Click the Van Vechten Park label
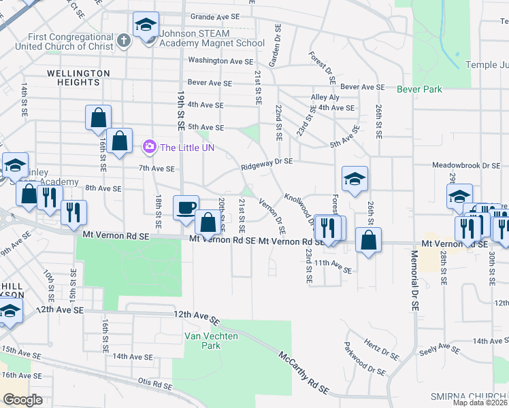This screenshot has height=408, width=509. [x=203, y=340]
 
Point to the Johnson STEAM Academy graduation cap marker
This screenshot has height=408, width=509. [x=146, y=25]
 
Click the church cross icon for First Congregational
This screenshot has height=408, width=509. [x=122, y=40]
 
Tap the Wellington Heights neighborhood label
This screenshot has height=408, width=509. [x=78, y=78]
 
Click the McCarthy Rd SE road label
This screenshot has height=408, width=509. [x=304, y=373]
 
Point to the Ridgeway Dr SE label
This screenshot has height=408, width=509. [x=266, y=162]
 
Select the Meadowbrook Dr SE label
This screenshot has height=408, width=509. [x=466, y=165]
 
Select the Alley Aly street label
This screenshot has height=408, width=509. [x=325, y=97]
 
